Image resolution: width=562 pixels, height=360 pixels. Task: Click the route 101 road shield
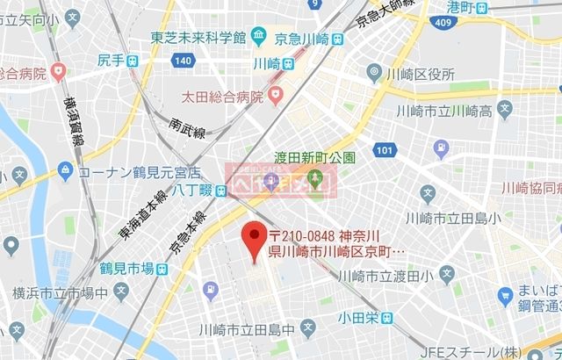[x=379, y=151]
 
